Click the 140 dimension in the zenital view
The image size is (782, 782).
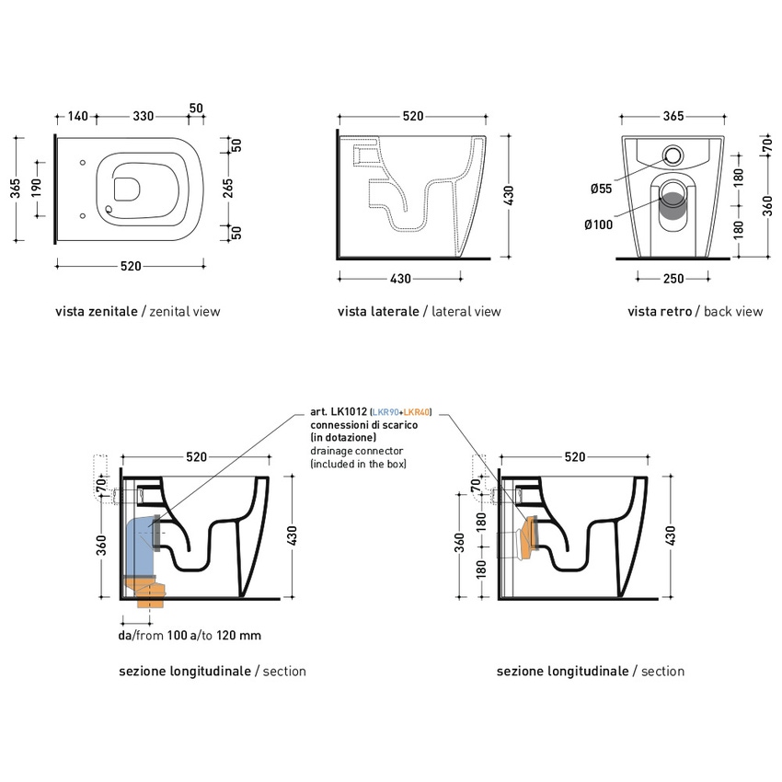77,117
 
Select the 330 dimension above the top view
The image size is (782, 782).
144,117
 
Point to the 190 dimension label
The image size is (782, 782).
38,187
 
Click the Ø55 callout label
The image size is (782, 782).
601,189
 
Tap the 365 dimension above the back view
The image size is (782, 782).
673,117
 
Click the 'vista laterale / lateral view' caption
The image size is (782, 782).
420,312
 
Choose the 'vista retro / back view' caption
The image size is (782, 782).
695,312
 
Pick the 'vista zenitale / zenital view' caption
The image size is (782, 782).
138,312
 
